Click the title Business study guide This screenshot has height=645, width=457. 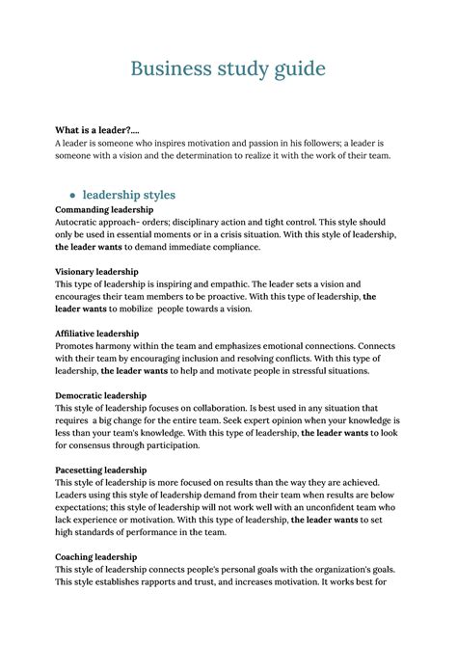228,69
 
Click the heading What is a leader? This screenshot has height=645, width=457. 94,130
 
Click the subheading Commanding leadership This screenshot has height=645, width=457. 104,209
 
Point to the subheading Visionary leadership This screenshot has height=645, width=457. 96,272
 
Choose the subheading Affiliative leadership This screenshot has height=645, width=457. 97,334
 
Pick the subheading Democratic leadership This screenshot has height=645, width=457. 100,395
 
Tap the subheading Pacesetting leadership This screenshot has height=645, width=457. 100,470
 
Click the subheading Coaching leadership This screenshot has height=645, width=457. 95,557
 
